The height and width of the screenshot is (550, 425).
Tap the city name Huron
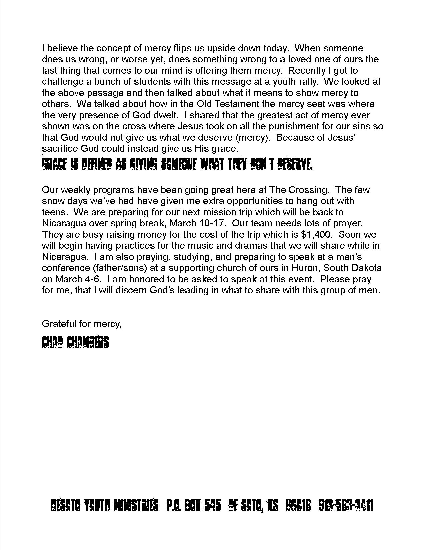pyautogui.click(x=306, y=268)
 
